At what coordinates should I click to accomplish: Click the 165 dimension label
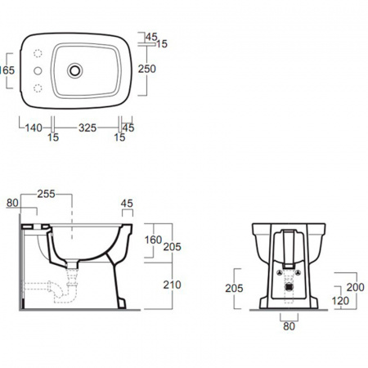(x=7, y=70)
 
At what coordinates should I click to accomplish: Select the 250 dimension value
(x=147, y=69)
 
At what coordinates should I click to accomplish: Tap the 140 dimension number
(x=34, y=128)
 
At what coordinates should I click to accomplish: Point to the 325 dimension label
(x=88, y=128)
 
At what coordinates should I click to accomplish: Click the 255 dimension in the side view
(x=47, y=194)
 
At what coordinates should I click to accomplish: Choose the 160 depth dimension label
(x=153, y=240)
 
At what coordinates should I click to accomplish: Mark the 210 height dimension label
(x=172, y=285)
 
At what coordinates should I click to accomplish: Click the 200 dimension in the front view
(x=356, y=287)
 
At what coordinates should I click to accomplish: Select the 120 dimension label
(x=340, y=301)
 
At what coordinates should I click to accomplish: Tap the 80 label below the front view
(x=289, y=326)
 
